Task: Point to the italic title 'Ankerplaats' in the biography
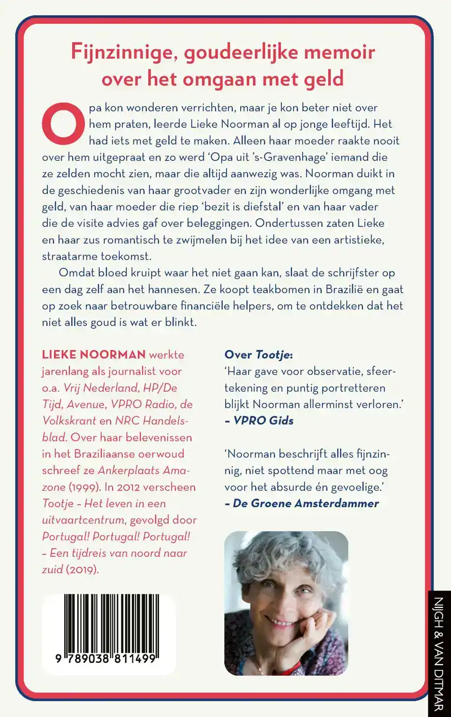pyautogui.click(x=129, y=470)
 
